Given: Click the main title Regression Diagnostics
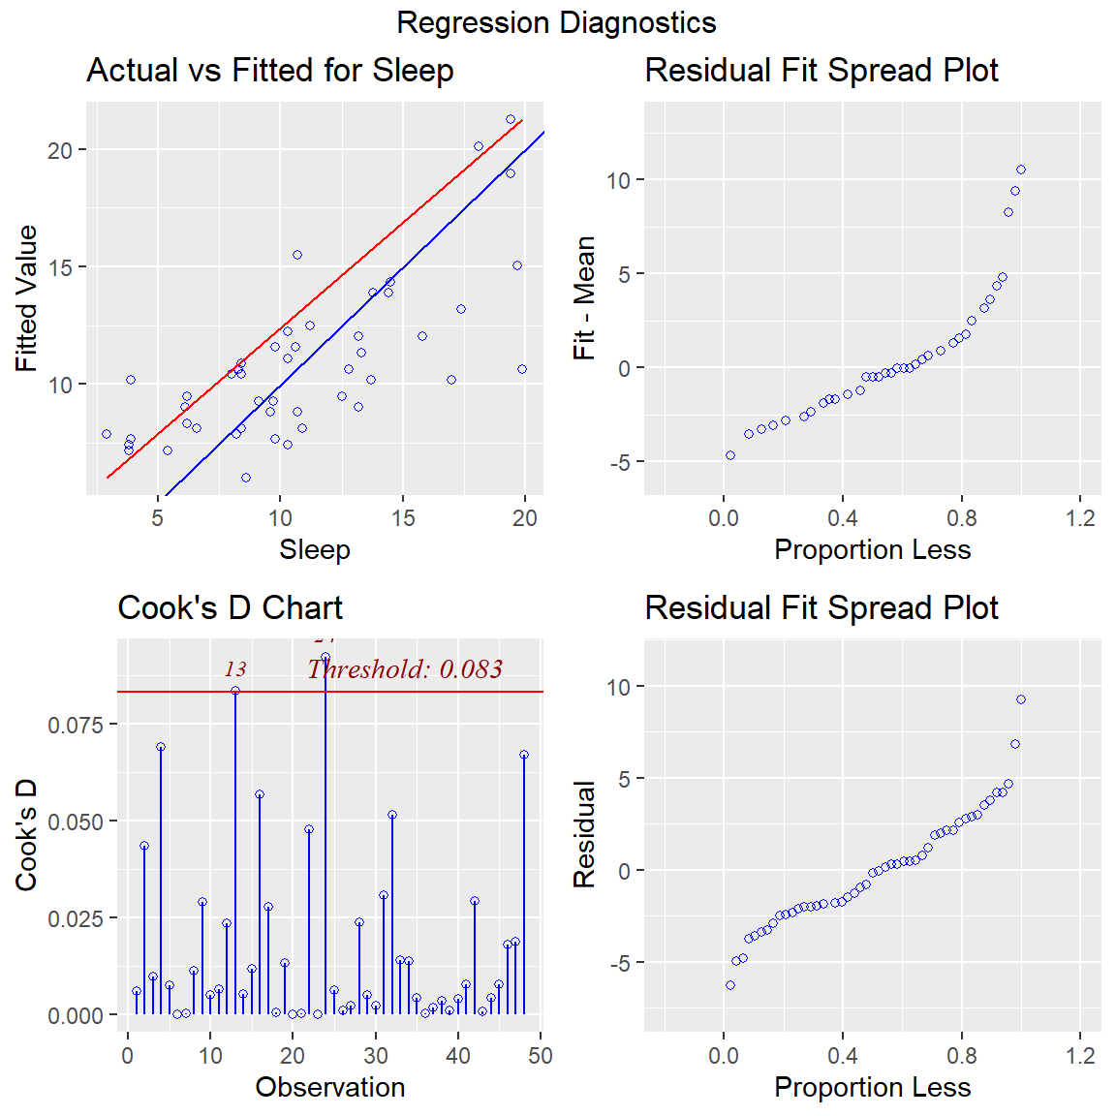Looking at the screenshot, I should pyautogui.click(x=556, y=22).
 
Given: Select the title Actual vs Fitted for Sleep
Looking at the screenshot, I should pyautogui.click(x=269, y=71).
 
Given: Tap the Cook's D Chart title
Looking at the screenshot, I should pyautogui.click(x=230, y=608).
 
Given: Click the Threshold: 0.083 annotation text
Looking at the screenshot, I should pyautogui.click(x=405, y=669).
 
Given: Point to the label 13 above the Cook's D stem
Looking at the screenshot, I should pyautogui.click(x=235, y=669).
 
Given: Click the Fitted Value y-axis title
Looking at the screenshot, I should pyautogui.click(x=26, y=298).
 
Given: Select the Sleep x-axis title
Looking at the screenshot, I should pyautogui.click(x=314, y=549).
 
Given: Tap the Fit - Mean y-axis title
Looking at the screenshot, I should pyautogui.click(x=584, y=298).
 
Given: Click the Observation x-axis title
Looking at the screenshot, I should pyautogui.click(x=329, y=1087).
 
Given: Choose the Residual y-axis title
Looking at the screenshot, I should pyautogui.click(x=584, y=834).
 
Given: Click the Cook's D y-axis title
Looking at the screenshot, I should pyautogui.click(x=26, y=834).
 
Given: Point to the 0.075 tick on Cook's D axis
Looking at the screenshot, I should pyautogui.click(x=75, y=725).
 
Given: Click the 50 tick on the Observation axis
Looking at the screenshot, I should pyautogui.click(x=541, y=1056).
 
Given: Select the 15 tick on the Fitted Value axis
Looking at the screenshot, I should pyautogui.click(x=60, y=267).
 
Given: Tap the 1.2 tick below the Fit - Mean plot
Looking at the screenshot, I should pyautogui.click(x=1080, y=518).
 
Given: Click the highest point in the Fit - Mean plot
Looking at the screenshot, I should pyautogui.click(x=1021, y=170).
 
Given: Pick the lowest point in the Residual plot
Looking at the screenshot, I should pyautogui.click(x=730, y=985).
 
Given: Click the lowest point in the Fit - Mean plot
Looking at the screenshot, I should pyautogui.click(x=730, y=455).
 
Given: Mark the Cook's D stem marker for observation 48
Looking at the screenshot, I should pyautogui.click(x=524, y=755).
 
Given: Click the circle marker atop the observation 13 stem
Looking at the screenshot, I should pyautogui.click(x=235, y=691).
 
